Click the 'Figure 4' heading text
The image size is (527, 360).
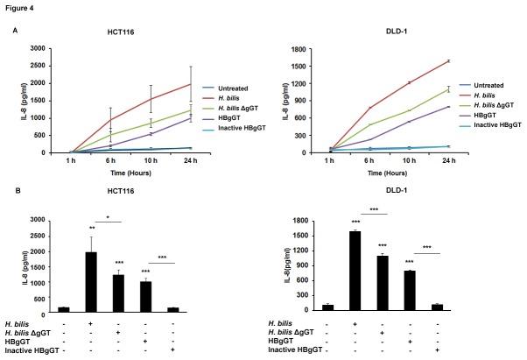click(x=19, y=8)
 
